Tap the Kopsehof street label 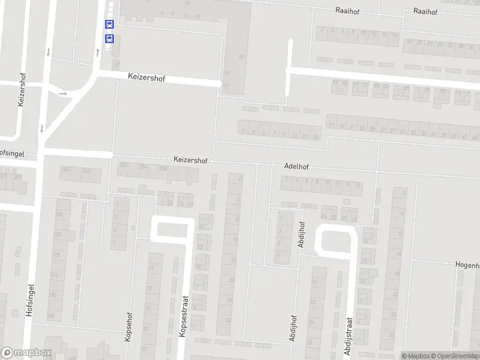(x=127, y=326)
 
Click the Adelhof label (x=296, y=166)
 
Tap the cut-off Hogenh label (x=468, y=265)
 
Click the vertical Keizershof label (x=22, y=91)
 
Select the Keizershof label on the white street (x=146, y=77)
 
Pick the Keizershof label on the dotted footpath (x=190, y=160)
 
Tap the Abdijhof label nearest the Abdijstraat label (x=293, y=328)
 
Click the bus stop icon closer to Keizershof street (x=109, y=38)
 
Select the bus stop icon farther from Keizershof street (x=109, y=25)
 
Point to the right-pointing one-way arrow (x=62, y=93)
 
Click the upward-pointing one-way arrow (x=97, y=52)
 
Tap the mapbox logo (x=26, y=353)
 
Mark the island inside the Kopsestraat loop (x=173, y=230)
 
